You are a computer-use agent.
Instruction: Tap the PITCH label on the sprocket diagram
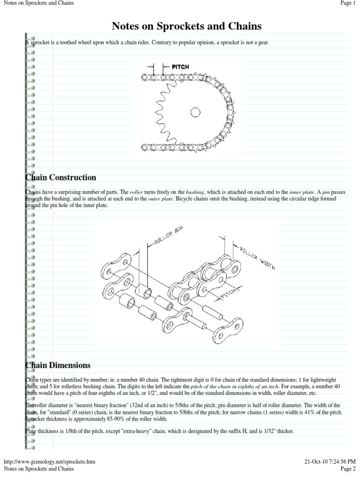click(180, 67)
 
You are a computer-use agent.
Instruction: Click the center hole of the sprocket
click(195, 112)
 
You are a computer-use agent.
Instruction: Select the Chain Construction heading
click(60, 178)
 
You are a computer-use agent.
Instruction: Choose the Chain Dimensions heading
click(58, 365)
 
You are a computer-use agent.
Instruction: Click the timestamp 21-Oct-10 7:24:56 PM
click(330, 462)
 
